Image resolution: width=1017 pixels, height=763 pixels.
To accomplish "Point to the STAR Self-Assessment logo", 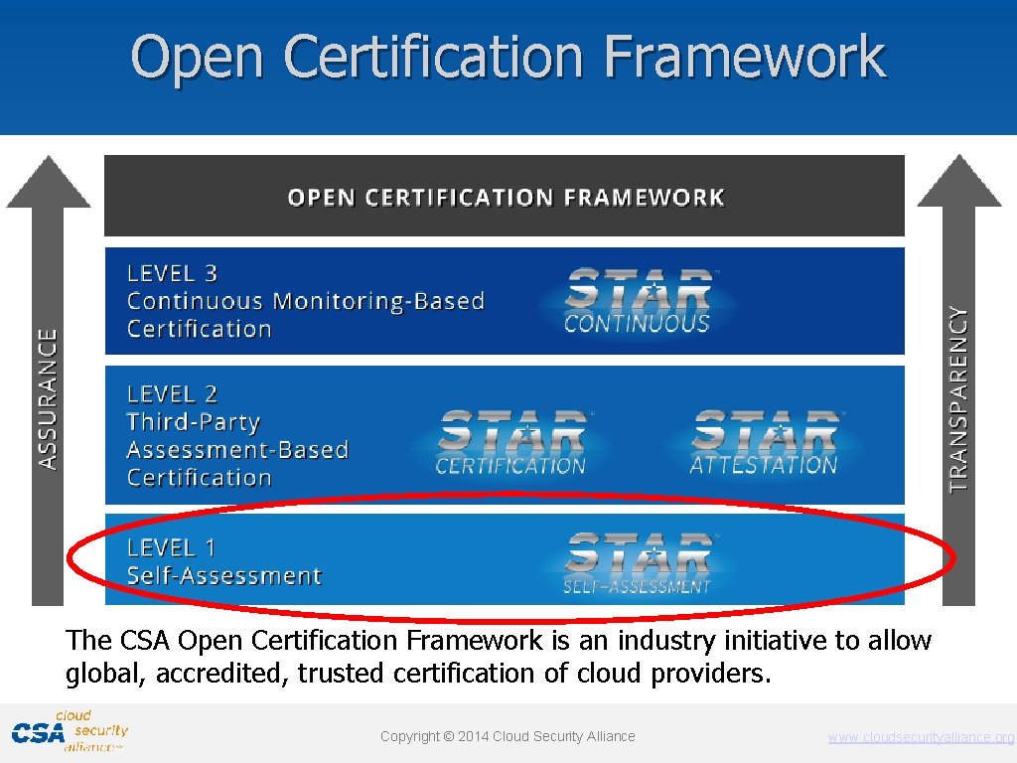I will (638, 562).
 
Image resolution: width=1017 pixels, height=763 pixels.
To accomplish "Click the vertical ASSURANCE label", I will (48, 398).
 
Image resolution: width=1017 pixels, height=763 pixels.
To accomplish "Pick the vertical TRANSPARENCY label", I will (958, 398).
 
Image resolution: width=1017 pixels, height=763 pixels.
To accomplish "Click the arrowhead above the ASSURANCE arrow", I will (48, 183).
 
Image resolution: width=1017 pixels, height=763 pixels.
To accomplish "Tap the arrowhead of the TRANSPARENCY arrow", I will (958, 183).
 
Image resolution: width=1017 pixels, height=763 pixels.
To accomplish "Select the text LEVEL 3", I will (172, 273).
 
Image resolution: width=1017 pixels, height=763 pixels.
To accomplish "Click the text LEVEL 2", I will (172, 394).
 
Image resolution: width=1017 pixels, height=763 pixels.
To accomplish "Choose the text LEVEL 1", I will (171, 547).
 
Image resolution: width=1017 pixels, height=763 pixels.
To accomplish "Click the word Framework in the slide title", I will (745, 57).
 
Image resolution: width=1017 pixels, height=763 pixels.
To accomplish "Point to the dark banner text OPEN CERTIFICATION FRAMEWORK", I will (506, 197).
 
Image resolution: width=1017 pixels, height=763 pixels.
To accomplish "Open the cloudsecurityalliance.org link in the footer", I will (921, 737).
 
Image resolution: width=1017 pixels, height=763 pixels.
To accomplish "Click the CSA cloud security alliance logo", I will (70, 731).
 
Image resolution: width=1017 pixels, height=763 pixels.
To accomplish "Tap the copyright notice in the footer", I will (508, 736).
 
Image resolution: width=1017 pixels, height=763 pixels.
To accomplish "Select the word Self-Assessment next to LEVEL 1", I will (224, 575).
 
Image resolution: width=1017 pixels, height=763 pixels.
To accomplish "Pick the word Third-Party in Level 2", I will (194, 422).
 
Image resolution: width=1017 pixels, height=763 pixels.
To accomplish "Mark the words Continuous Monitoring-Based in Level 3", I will (306, 301).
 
